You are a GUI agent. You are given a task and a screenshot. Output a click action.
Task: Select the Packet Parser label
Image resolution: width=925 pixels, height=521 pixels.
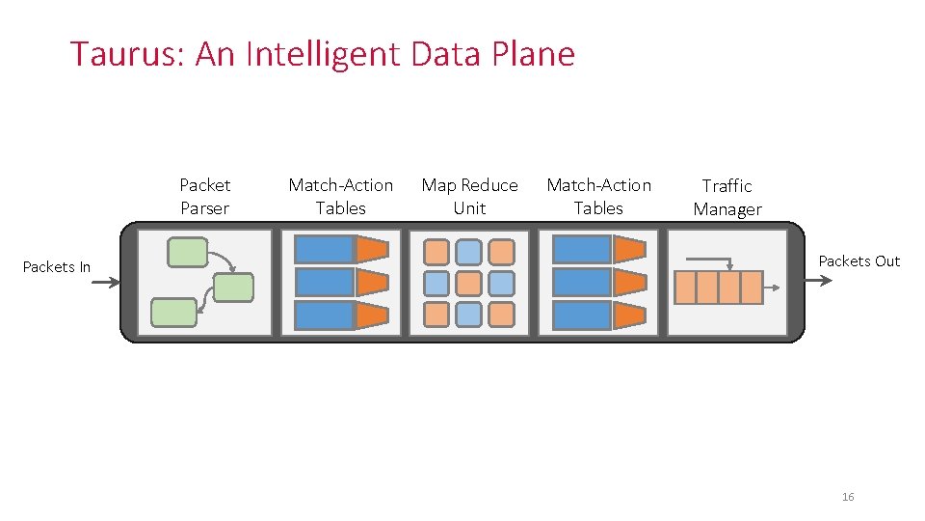205,196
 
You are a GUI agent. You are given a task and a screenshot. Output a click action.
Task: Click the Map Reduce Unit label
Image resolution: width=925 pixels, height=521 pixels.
469,196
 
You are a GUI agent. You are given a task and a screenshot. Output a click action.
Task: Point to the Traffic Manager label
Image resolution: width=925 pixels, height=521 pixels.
727,197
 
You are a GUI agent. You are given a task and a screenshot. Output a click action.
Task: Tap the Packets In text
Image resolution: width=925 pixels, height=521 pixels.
57,266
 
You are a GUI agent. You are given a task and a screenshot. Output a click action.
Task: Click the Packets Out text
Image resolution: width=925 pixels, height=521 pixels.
859,260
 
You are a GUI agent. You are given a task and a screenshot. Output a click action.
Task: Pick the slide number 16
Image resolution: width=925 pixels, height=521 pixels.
848,497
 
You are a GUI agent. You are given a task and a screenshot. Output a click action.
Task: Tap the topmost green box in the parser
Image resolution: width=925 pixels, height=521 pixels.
187,252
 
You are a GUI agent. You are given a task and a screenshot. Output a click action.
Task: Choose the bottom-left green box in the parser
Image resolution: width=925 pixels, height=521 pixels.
173,312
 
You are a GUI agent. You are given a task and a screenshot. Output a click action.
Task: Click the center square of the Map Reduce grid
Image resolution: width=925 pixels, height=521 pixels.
468,283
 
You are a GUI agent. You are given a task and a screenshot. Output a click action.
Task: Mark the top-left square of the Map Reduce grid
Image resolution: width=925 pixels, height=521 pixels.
436,252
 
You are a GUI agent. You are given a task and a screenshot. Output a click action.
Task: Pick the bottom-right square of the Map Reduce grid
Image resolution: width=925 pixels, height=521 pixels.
501,314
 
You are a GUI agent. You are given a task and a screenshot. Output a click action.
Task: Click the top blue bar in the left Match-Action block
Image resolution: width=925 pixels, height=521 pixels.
324,249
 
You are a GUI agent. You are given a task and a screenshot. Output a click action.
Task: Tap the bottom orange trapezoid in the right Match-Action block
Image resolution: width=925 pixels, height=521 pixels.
629,315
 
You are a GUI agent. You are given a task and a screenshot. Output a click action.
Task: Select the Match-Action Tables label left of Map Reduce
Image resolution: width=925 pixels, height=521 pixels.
341,196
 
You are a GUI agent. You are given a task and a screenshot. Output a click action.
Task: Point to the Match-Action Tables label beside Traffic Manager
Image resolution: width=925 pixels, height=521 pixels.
598,196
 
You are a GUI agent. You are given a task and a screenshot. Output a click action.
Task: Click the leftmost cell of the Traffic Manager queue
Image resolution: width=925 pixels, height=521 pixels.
684,288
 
